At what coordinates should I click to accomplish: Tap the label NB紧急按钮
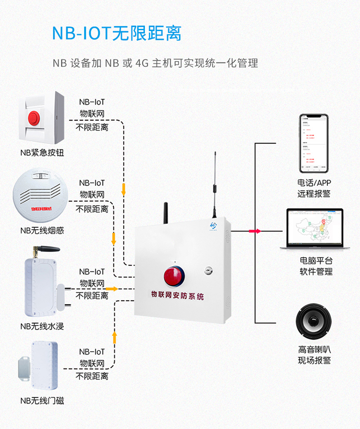coord(42,153)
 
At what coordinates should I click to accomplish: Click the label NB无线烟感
coord(42,231)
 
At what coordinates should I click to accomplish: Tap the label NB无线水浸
coord(42,326)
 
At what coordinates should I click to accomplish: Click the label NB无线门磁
coord(42,400)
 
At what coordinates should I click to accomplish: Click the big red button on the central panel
coord(173,276)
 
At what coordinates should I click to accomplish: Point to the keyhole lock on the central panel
coord(208,270)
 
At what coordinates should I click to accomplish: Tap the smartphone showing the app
coord(313,144)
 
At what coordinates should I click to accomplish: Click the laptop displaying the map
coord(314,229)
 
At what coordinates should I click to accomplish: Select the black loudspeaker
coord(314,324)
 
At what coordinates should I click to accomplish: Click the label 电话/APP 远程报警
coord(314,188)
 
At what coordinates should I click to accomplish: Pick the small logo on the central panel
coord(214,225)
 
